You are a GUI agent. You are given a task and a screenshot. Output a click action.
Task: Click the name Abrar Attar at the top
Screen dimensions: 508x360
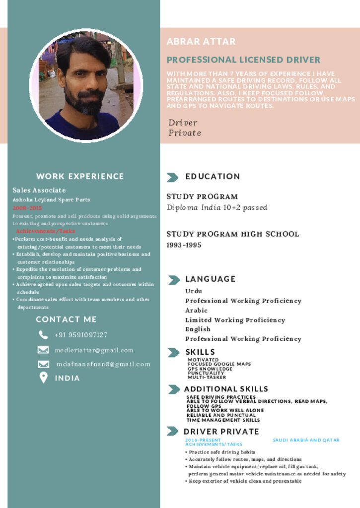(x=201, y=42)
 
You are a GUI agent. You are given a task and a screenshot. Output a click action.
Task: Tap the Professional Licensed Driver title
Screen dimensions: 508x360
(x=243, y=60)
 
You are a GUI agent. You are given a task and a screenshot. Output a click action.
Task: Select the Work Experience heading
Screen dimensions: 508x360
(x=80, y=176)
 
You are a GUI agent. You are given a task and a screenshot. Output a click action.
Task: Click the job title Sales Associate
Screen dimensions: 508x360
(x=39, y=190)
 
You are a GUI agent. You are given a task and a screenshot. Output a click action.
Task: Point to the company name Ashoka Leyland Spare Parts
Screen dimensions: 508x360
(x=51, y=200)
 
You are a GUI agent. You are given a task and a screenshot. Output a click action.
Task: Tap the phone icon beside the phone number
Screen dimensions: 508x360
(x=43, y=335)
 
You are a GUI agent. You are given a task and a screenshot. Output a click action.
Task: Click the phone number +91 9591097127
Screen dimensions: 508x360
(x=81, y=335)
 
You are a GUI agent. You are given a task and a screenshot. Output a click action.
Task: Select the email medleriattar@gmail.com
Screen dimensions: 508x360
(x=94, y=350)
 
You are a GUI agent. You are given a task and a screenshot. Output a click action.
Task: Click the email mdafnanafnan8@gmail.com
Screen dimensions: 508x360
(x=103, y=364)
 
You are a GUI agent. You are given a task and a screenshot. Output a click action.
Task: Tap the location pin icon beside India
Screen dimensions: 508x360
(x=43, y=378)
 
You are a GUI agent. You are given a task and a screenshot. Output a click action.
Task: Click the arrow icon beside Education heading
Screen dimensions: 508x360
(x=173, y=177)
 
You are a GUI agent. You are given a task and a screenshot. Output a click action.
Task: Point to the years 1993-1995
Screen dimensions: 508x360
(x=184, y=245)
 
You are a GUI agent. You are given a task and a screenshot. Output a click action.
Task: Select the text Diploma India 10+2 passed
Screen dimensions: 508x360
(x=217, y=208)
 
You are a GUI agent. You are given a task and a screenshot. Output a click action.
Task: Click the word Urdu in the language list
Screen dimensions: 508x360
(x=194, y=291)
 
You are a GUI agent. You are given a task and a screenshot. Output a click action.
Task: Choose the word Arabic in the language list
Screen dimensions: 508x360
(x=197, y=311)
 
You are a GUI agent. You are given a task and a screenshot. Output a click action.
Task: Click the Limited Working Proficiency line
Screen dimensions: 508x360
(x=235, y=320)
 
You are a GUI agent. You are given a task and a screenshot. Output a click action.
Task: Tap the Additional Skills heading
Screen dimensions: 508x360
(x=226, y=389)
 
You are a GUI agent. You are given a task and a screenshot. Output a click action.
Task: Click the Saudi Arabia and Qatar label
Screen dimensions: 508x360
(x=306, y=440)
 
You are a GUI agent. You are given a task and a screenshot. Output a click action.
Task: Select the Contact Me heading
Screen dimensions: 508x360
(x=66, y=319)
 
